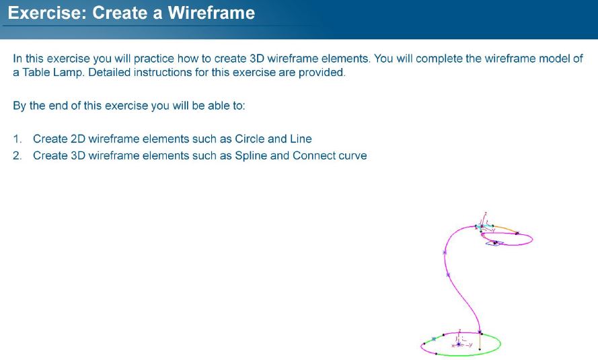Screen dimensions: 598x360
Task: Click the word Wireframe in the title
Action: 211,13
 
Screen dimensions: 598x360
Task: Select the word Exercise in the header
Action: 48,13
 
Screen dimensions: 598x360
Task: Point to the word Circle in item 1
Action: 250,139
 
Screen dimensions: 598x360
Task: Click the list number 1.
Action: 17,139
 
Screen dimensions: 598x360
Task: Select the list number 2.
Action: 17,155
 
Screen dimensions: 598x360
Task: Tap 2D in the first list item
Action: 78,139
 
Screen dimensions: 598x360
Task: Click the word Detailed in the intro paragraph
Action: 110,73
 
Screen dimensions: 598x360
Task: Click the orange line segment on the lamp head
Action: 505,229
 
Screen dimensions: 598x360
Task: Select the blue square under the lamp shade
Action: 494,243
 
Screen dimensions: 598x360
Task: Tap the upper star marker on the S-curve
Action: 445,252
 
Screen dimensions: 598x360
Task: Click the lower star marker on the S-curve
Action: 448,275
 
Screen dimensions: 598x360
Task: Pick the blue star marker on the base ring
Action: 434,338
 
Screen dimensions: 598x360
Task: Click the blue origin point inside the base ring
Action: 458,345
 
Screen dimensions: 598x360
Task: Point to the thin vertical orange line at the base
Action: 480,342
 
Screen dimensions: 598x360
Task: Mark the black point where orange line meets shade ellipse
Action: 517,233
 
